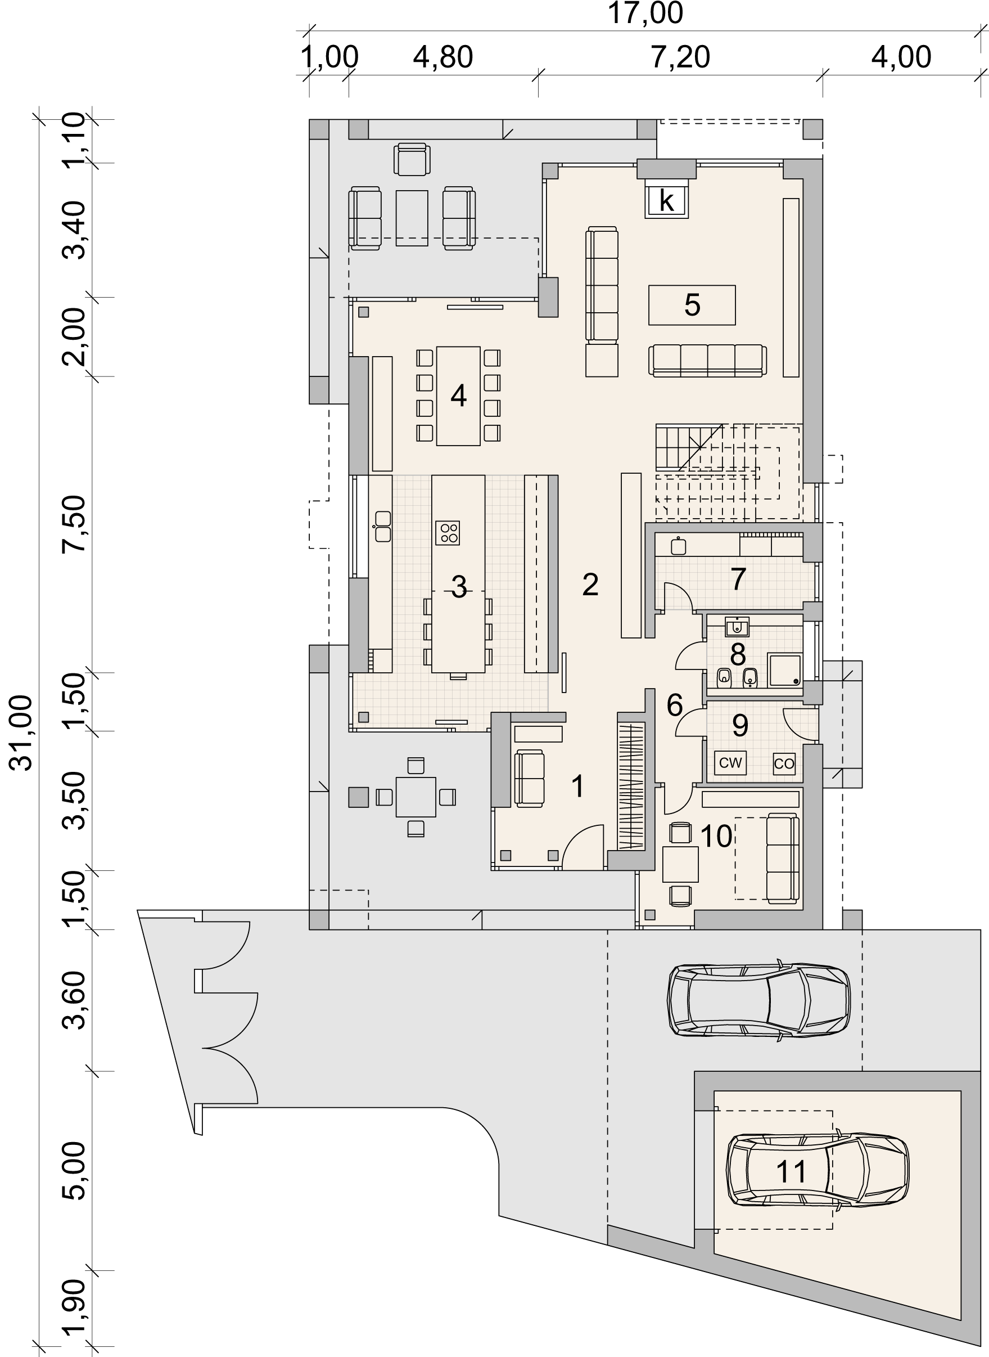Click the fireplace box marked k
click(x=666, y=201)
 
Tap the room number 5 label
click(x=692, y=305)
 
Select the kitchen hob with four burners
click(x=448, y=533)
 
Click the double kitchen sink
click(x=382, y=527)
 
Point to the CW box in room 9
click(x=730, y=763)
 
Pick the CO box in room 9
click(x=784, y=763)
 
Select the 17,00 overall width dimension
click(x=645, y=14)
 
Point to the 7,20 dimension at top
click(x=680, y=57)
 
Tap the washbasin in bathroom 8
click(x=737, y=627)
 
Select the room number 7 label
click(x=738, y=579)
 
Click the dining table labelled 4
click(x=459, y=396)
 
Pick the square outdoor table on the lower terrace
click(x=416, y=797)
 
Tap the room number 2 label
click(x=590, y=585)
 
